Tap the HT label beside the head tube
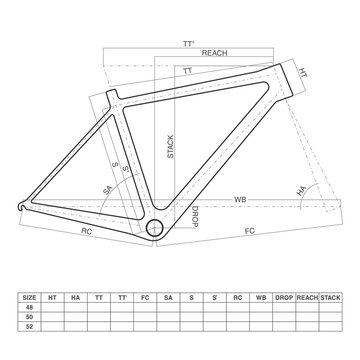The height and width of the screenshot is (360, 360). click(x=303, y=74)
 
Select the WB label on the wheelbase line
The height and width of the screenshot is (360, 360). click(x=240, y=200)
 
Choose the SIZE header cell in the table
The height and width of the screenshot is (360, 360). click(x=30, y=297)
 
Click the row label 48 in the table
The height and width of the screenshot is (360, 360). click(x=30, y=310)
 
